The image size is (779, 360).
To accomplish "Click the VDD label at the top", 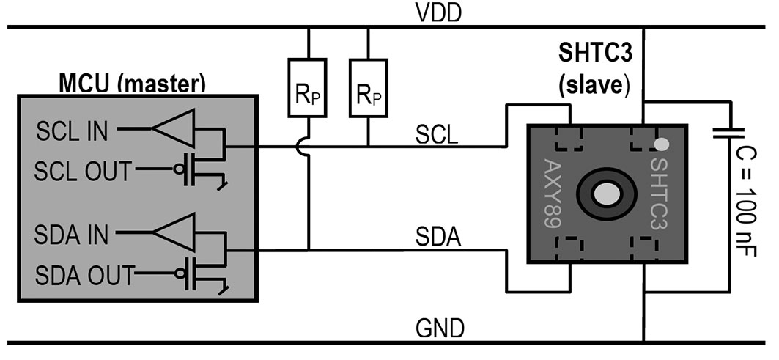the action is point(439,13).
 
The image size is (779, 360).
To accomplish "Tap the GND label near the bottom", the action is point(440,328).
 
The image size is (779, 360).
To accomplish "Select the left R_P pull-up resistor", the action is point(308,88).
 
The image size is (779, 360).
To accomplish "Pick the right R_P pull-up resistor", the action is point(368,88).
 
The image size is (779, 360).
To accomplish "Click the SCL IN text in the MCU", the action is point(72,132).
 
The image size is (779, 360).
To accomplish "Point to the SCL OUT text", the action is point(83,171).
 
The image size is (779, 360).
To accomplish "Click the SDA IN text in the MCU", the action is point(71,234).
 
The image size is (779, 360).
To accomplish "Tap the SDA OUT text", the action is point(84,275).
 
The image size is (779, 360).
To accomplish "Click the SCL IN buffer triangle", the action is point(173,128).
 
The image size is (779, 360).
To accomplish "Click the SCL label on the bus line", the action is point(437,135).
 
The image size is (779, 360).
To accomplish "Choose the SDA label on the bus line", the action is point(438,238).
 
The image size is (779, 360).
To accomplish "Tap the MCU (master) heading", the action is point(132,83).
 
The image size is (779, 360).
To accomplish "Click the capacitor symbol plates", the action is point(729,133).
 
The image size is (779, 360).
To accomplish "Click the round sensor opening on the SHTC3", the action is point(607,193).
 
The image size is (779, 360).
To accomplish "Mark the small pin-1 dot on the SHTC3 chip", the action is point(661,144).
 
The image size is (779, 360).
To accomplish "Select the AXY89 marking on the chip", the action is point(553,194).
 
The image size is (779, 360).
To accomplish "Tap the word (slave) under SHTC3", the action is point(594,86).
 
